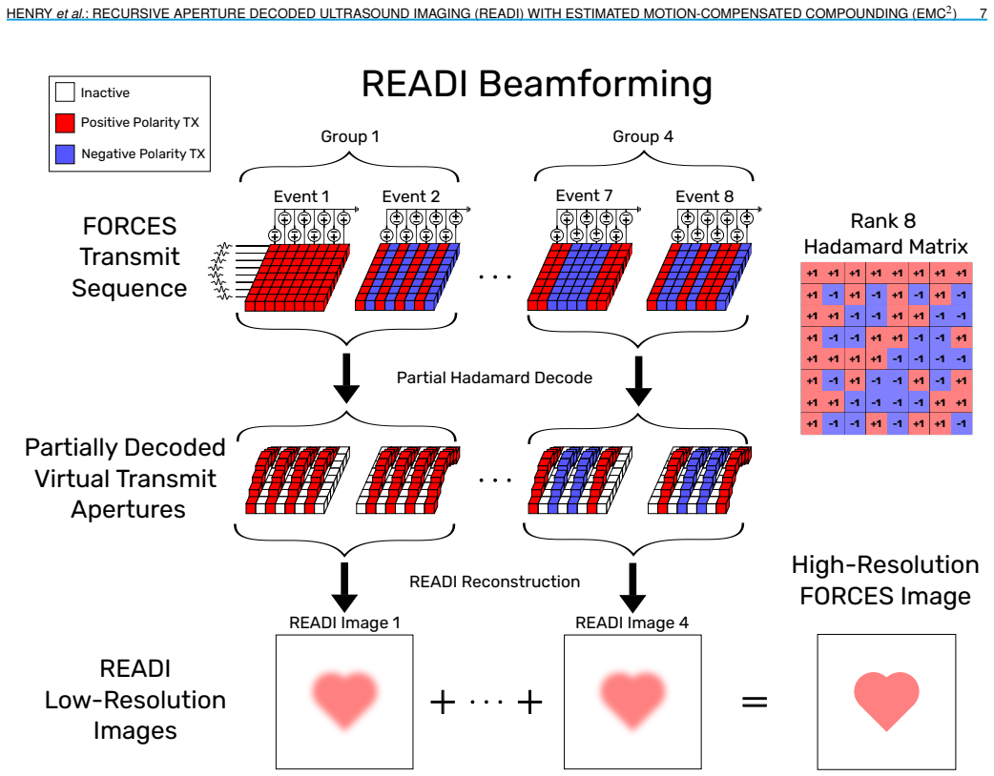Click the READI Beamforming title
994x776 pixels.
[x=536, y=84]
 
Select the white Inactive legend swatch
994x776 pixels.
[x=65, y=92]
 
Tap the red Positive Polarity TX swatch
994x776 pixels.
[x=65, y=123]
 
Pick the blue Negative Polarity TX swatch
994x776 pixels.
[x=65, y=153]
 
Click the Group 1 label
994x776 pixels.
[x=350, y=137]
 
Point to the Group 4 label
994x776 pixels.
[x=643, y=137]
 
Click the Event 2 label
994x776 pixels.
[x=411, y=197]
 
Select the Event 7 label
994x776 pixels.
[x=584, y=196]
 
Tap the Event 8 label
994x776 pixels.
[x=704, y=197]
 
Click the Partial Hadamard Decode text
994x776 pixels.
[x=494, y=378]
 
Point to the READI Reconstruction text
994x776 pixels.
[x=494, y=582]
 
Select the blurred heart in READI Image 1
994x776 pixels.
[x=345, y=700]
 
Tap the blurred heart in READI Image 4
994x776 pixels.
[x=632, y=700]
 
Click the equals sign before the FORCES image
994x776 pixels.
[x=755, y=702]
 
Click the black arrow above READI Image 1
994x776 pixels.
[x=344, y=586]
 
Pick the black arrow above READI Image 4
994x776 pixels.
[x=632, y=586]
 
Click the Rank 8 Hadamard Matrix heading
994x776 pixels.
[x=885, y=234]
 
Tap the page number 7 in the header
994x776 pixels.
[x=982, y=12]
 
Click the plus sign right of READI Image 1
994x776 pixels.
[x=443, y=702]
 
